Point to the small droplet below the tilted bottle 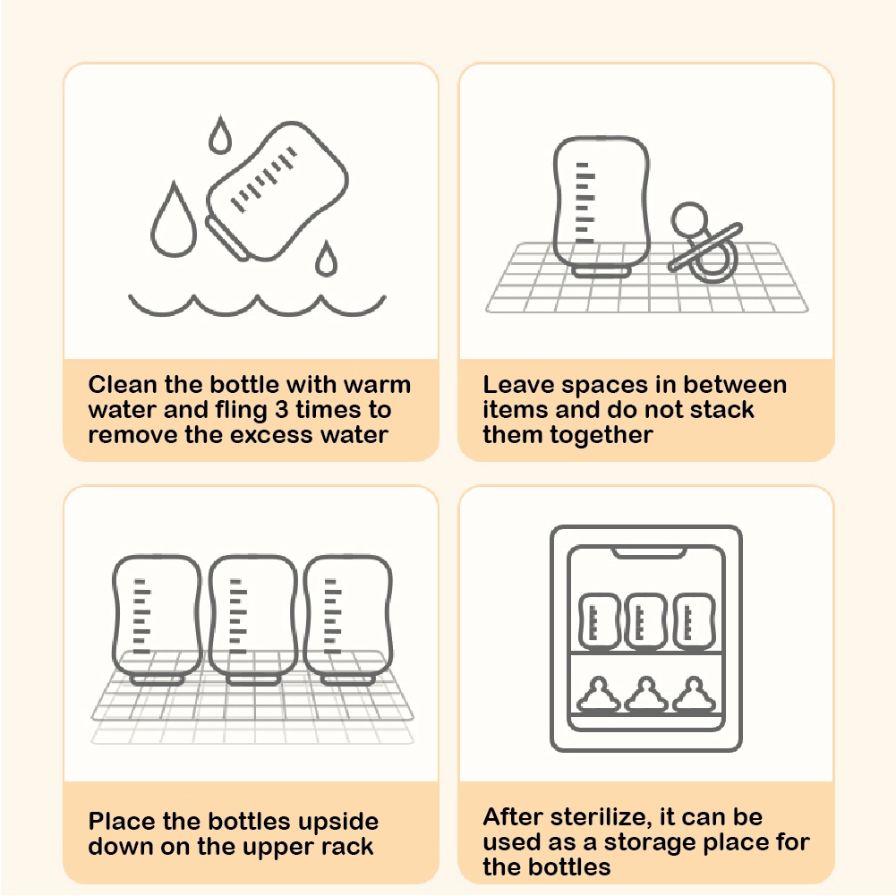pyautogui.click(x=326, y=260)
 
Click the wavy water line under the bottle pyautogui.click(x=257, y=307)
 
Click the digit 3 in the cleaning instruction pyautogui.click(x=282, y=410)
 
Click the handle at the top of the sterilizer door pyautogui.click(x=649, y=552)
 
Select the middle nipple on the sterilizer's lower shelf pyautogui.click(x=646, y=695)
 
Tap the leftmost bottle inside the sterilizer pyautogui.click(x=599, y=622)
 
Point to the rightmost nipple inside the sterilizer pyautogui.click(x=694, y=695)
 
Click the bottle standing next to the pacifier pyautogui.click(x=602, y=207)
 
